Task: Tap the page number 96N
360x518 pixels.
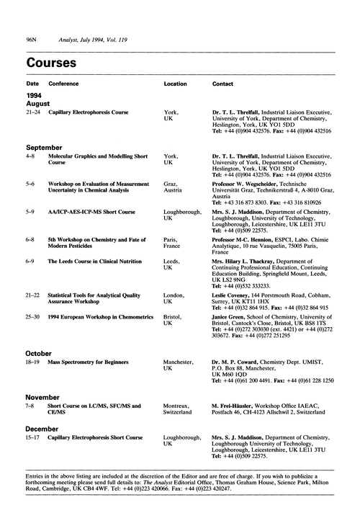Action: (x=32, y=35)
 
